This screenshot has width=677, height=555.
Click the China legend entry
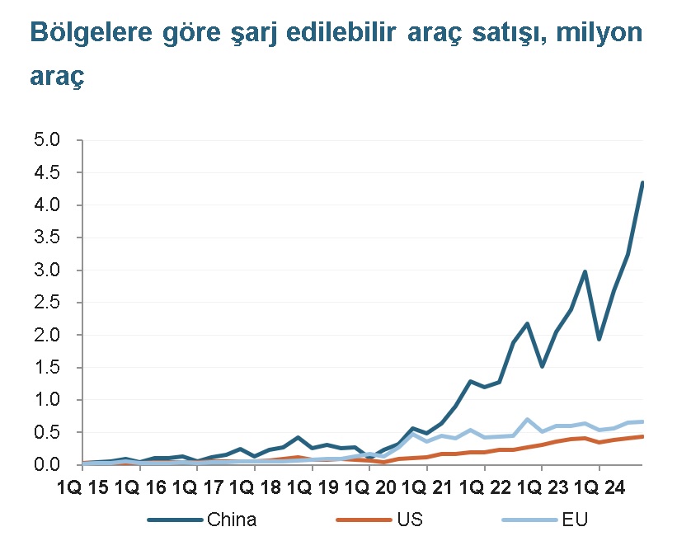232,520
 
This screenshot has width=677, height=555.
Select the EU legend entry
576,520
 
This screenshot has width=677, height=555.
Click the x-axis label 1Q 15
96,487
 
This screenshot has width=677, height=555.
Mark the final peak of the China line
642,182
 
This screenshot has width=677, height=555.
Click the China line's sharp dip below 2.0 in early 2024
599,339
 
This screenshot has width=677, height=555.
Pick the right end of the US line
642,436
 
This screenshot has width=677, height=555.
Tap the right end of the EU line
642,421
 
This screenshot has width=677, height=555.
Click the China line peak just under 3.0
585,271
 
